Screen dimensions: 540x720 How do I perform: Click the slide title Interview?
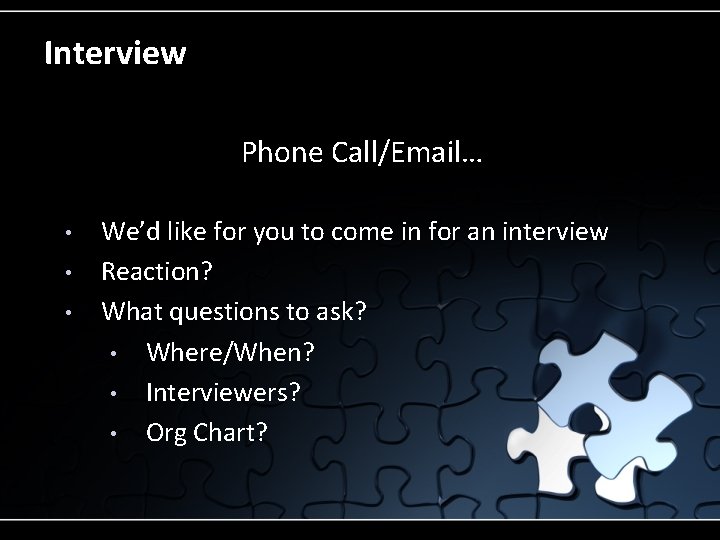tap(115, 52)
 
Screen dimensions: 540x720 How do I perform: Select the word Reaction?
tap(157, 272)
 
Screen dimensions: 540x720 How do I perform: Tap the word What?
tap(132, 312)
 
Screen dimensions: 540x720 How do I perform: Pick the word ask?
tap(339, 312)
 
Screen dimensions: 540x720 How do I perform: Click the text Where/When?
tap(230, 353)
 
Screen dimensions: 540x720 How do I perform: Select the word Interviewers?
tap(223, 393)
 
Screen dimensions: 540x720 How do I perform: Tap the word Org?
tap(166, 434)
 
